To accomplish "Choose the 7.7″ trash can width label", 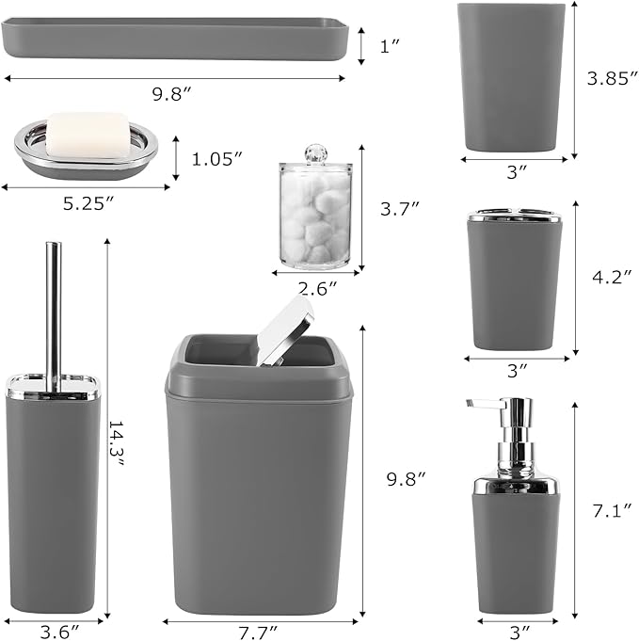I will (x=260, y=631).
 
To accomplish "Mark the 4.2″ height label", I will (x=607, y=280).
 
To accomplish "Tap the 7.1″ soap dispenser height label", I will (x=606, y=510).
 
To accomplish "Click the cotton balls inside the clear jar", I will (x=316, y=219).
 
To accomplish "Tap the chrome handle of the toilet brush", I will (x=54, y=311).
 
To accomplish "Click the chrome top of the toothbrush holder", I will (x=514, y=216).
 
